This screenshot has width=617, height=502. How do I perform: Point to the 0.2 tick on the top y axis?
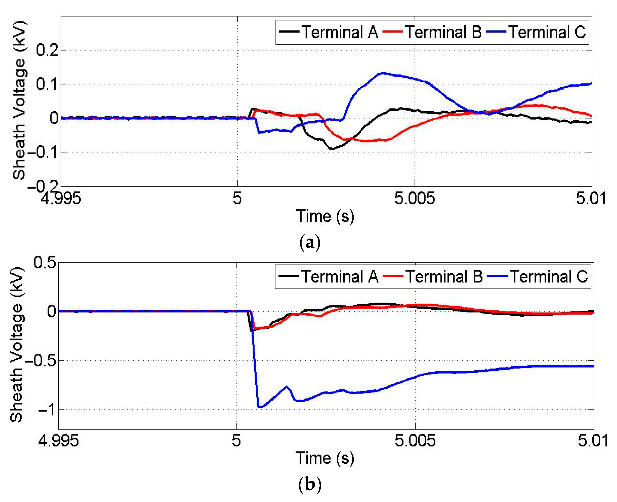point(47,51)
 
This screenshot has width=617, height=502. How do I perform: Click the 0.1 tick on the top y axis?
point(47,84)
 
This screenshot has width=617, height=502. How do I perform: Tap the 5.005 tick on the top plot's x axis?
point(414,199)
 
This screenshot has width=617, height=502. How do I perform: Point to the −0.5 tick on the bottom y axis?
point(41,361)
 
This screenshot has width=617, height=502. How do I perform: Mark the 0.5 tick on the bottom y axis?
point(45,263)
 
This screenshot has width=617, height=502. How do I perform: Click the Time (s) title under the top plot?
point(325,217)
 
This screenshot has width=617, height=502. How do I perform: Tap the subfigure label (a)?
point(310,242)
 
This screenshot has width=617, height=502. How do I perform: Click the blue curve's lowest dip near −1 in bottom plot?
point(260,407)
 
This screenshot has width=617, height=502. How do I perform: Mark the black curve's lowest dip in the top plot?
point(332,149)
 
